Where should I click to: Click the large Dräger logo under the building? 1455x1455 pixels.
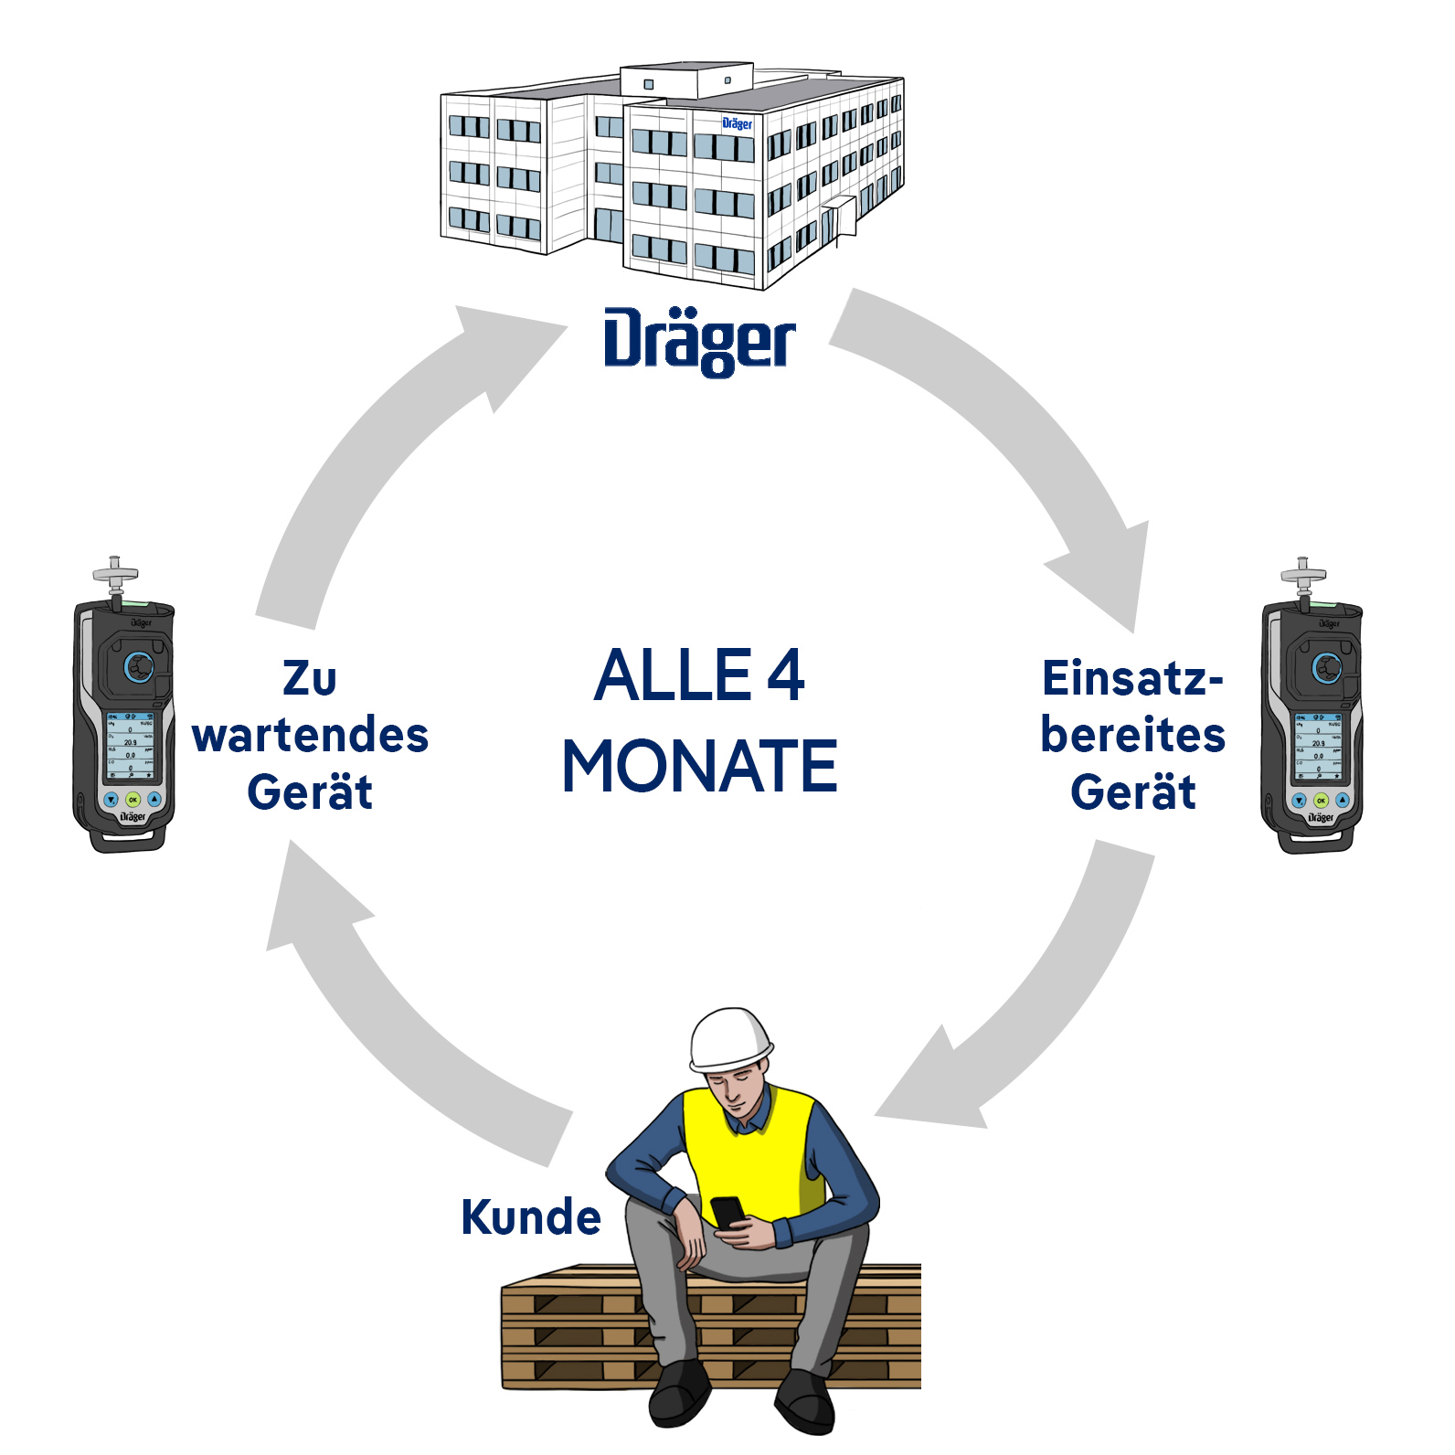(x=699, y=342)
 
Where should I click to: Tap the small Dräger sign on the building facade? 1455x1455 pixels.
(x=737, y=123)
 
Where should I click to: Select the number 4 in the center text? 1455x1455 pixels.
(x=785, y=675)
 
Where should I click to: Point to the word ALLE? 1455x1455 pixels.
(x=674, y=675)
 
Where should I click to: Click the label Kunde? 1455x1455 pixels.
(x=531, y=1217)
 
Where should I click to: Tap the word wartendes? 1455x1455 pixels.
(x=311, y=735)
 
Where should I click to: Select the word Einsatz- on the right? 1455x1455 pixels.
(x=1132, y=678)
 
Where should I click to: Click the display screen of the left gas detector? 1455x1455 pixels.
(x=130, y=746)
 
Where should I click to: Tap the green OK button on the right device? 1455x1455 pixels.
(x=1321, y=801)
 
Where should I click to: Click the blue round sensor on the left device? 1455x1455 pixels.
(x=139, y=666)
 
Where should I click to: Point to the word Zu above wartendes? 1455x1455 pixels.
(x=310, y=678)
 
